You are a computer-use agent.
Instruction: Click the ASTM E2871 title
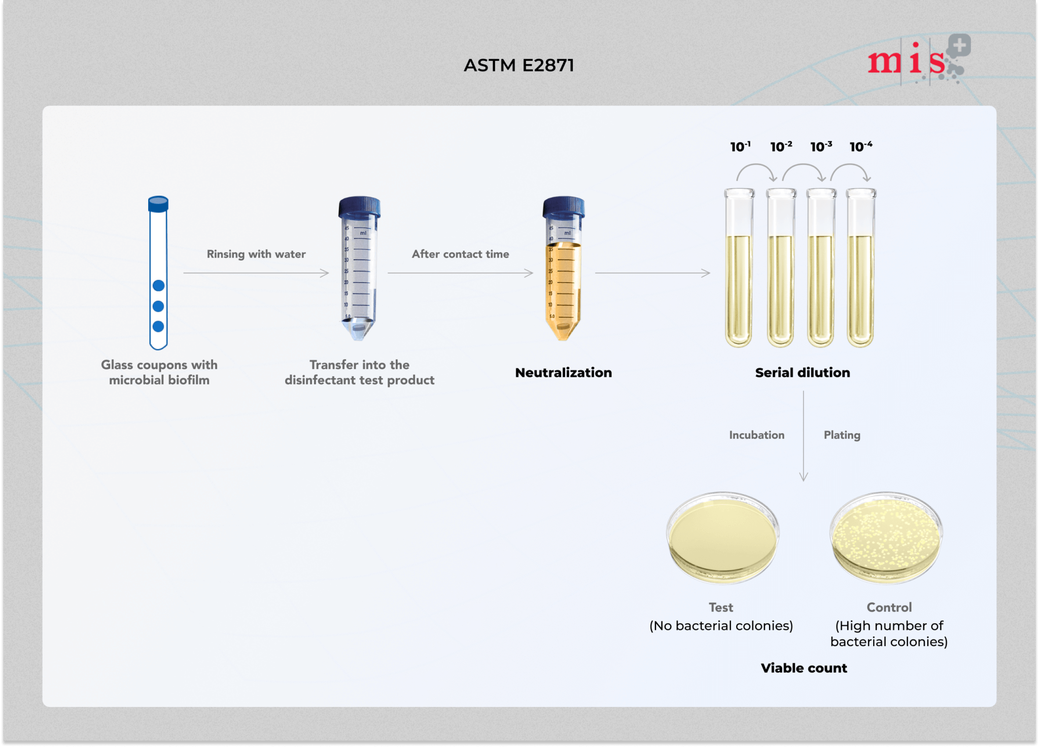point(518,65)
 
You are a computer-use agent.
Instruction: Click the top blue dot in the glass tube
point(158,286)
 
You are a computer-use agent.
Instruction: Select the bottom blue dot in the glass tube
point(158,327)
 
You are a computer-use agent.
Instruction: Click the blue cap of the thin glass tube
point(158,204)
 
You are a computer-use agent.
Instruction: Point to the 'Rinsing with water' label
point(256,254)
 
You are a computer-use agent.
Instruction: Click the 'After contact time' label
point(460,254)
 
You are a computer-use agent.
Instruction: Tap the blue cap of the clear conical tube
point(359,206)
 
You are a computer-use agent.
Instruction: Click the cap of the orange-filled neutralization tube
point(563,206)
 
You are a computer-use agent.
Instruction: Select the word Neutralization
point(563,373)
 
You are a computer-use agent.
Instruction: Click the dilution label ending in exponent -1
point(740,147)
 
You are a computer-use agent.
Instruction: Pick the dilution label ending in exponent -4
point(861,147)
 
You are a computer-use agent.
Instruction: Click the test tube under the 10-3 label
point(821,269)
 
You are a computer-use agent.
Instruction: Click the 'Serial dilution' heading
point(803,373)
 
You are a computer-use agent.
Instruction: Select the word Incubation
point(756,435)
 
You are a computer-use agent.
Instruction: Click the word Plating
point(842,435)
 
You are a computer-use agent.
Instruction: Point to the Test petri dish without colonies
point(722,538)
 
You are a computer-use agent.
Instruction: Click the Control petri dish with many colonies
point(886,538)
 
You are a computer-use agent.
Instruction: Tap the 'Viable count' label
point(804,668)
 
